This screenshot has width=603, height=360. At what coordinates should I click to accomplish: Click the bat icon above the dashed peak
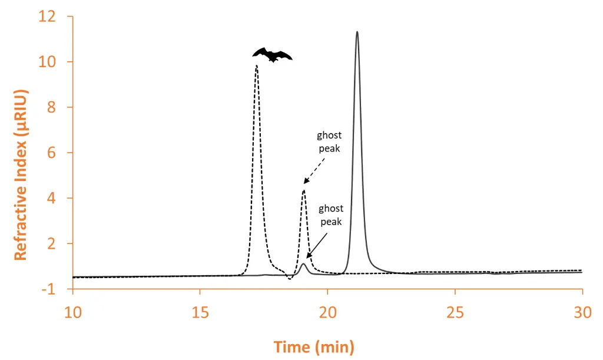click(272, 55)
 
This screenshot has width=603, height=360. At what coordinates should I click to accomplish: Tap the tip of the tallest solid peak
click(357, 32)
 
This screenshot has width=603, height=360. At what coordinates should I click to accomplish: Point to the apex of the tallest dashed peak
click(256, 66)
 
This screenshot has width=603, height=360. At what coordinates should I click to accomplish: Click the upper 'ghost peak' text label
click(329, 142)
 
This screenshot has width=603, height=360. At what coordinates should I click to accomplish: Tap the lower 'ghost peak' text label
click(331, 215)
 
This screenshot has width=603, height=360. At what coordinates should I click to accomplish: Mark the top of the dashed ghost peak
click(303, 190)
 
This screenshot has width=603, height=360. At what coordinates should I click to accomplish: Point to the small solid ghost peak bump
click(303, 264)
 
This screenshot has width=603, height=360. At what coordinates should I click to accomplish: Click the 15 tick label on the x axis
click(200, 312)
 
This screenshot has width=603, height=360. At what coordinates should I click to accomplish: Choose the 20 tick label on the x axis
click(327, 312)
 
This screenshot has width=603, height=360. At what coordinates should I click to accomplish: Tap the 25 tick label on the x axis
click(455, 312)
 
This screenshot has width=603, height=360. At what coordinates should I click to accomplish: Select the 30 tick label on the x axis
click(582, 312)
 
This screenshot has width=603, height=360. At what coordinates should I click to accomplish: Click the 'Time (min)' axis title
click(314, 347)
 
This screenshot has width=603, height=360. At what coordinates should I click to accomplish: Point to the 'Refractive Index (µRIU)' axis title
click(21, 175)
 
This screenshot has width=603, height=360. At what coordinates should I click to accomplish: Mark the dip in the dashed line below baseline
click(290, 278)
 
